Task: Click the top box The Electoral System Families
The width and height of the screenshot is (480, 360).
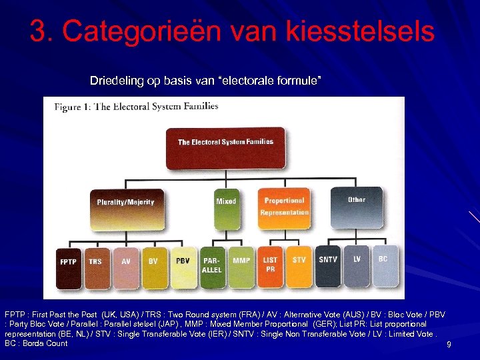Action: [x=225, y=148]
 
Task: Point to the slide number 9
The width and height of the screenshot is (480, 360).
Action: [x=449, y=345]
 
